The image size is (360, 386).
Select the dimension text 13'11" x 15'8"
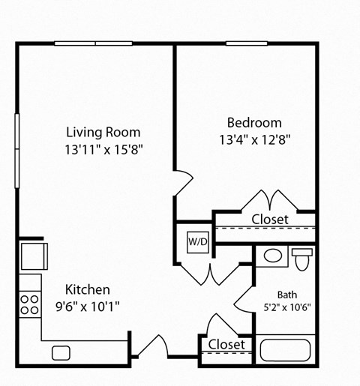103,148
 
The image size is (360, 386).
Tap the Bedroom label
254,122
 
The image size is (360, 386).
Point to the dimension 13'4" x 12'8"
254,139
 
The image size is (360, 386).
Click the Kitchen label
88,289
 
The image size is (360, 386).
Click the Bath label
287,295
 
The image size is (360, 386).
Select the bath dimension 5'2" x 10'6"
287,307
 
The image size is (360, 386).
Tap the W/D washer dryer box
198,242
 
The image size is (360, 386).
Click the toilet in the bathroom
302,259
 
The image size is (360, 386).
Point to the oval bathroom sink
274,256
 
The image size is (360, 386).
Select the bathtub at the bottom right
285,349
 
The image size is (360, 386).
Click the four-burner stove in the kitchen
29,303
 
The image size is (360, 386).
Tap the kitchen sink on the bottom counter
61,352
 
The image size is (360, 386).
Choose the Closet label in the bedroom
270,219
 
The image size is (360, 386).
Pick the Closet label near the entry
226,344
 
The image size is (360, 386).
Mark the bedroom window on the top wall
247,43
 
